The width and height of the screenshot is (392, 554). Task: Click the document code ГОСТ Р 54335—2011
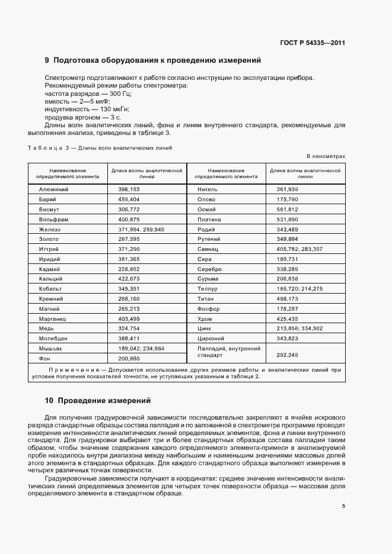(313, 43)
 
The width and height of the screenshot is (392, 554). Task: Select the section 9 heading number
(47, 60)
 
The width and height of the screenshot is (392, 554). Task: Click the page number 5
(343, 506)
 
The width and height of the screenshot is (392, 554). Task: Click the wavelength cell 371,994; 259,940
(141, 229)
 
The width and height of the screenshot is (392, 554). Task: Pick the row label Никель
(208, 189)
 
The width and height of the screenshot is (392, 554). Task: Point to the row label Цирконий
(211, 339)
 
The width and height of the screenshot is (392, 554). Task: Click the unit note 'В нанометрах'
(326, 156)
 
